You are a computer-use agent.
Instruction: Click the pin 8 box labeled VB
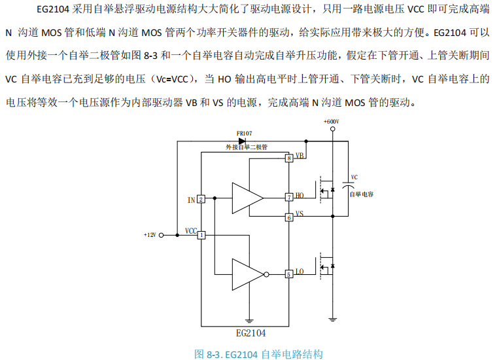[x=289, y=158]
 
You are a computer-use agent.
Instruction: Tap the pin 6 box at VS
[x=289, y=217]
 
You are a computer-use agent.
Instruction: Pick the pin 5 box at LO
[x=289, y=274]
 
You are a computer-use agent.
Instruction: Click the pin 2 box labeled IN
[x=201, y=199]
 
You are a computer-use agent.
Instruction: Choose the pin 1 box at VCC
[x=201, y=234]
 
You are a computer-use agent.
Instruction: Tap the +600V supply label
[x=331, y=121]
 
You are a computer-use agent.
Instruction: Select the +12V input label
[x=150, y=234]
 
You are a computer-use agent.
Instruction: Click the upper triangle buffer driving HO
[x=247, y=197]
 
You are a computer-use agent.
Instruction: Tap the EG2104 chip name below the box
[x=247, y=333]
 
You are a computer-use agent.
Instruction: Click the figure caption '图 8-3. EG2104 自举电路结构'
[x=259, y=354]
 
